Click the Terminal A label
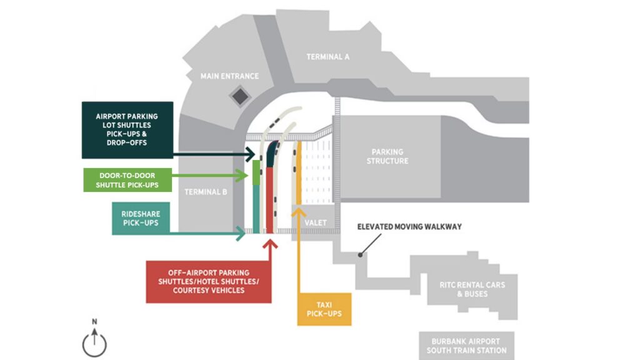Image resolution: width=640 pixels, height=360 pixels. point(327,57)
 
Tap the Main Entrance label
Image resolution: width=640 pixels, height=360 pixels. point(229,76)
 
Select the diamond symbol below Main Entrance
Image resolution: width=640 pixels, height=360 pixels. point(239,96)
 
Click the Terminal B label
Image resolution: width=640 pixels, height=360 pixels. point(206,192)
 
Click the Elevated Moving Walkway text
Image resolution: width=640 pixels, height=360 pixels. point(409,226)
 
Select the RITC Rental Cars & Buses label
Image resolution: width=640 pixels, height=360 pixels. point(472,289)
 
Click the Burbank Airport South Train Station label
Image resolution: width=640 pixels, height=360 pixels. point(466,346)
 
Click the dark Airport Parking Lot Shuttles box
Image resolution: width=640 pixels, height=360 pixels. point(127,130)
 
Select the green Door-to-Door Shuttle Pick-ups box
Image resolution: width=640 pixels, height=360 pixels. point(127,180)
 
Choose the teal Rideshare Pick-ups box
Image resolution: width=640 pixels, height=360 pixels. point(141,218)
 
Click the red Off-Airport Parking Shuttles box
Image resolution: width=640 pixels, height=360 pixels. point(208,281)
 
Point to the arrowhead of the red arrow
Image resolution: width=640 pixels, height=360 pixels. point(270,242)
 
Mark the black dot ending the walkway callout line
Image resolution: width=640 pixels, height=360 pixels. point(360,254)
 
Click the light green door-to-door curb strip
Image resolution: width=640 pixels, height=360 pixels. point(256,172)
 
